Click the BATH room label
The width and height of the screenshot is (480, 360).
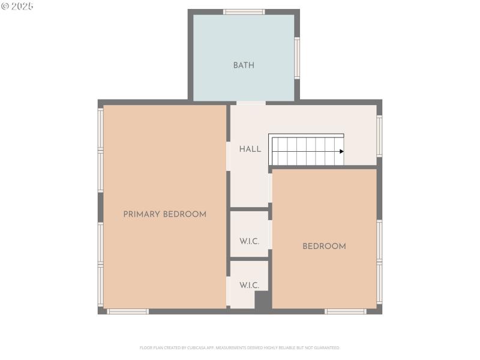244,65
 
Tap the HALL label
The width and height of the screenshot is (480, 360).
250,149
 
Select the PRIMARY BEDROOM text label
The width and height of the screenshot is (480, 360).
164,214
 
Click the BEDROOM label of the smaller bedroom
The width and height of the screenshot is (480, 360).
324,246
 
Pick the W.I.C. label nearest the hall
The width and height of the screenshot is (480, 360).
249,241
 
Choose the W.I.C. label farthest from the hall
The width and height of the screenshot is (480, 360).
249,285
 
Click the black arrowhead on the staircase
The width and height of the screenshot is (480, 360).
341,151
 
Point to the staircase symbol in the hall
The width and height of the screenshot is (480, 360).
306,150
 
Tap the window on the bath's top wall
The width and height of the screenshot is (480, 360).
244,11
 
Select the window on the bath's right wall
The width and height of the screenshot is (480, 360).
297,58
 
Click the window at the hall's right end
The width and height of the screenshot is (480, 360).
379,136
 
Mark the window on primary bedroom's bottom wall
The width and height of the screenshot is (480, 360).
128,311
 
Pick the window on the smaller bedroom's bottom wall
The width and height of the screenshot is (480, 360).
345,311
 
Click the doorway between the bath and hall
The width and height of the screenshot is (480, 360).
251,103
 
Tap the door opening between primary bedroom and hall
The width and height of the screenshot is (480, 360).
228,156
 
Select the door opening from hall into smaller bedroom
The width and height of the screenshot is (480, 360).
270,188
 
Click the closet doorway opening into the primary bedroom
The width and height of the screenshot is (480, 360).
228,291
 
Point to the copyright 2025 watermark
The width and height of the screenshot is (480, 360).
17,6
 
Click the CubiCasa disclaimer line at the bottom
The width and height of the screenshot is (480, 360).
240,347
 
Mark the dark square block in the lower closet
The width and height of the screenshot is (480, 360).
263,300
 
